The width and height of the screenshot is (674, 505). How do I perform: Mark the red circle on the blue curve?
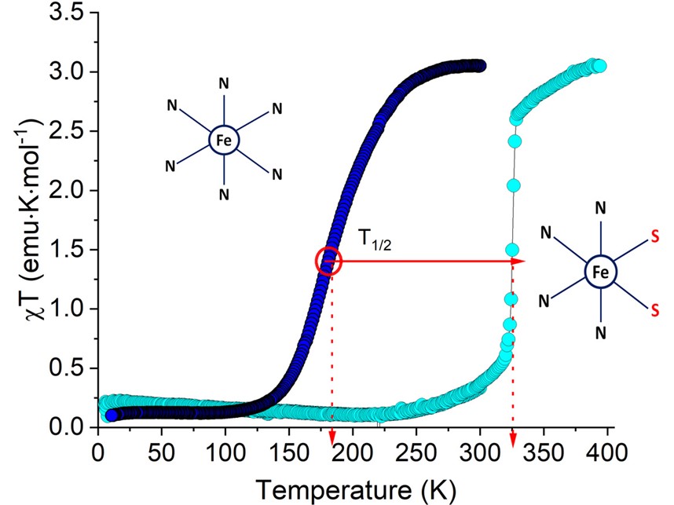tap(329, 261)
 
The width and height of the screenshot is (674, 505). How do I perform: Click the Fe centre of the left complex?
tap(224, 141)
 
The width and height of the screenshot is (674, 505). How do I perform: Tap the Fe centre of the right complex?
tap(600, 272)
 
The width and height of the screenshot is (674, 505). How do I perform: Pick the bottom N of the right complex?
tap(600, 333)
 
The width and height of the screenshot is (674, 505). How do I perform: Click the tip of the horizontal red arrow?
tap(524, 262)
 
